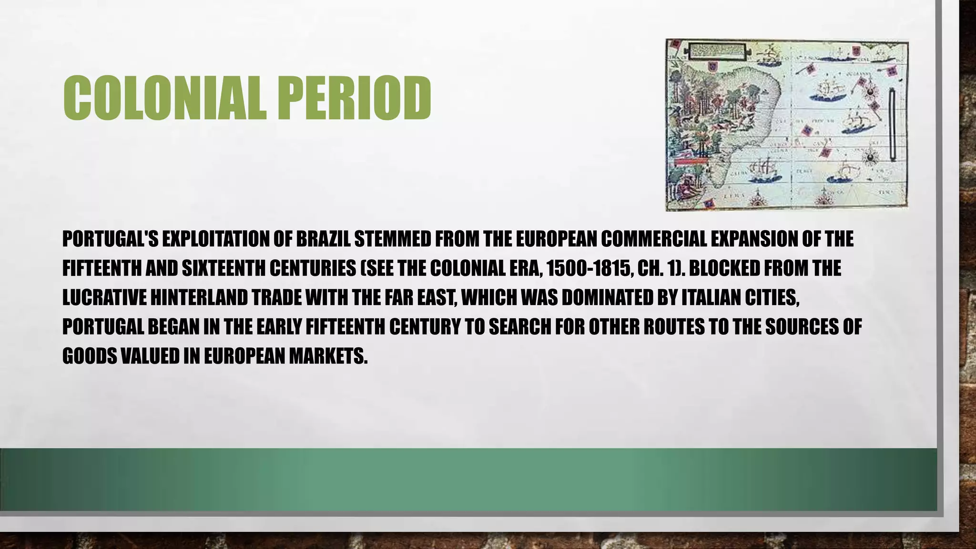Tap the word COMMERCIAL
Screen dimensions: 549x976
[653, 239]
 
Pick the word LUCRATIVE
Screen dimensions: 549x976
[104, 298]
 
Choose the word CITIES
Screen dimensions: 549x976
[770, 298]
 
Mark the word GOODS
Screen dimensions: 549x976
[89, 356]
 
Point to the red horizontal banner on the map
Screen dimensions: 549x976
[691, 162]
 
